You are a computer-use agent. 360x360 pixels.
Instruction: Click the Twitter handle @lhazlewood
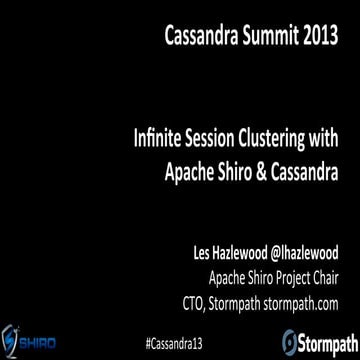tap(296, 245)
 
